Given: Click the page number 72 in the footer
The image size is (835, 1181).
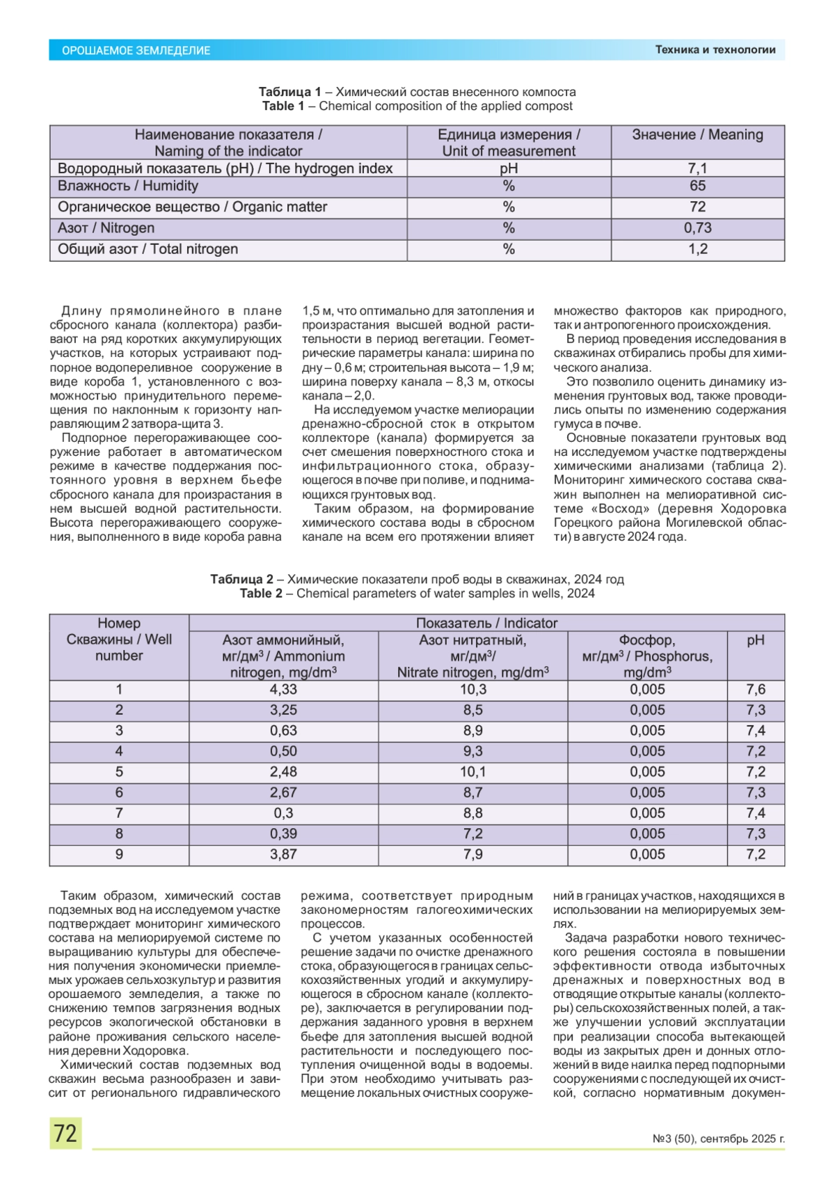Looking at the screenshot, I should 65,1133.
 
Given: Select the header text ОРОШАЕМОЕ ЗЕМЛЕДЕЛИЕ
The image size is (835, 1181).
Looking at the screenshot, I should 136,50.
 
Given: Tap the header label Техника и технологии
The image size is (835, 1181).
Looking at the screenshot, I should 715,49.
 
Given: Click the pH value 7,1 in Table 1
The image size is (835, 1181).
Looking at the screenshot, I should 697,168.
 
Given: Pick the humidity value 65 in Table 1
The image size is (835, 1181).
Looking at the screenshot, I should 697,186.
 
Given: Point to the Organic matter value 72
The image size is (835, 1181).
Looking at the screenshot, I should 697,207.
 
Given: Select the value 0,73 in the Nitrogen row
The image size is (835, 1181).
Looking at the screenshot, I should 697,228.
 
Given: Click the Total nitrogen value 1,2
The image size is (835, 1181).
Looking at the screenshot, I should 697,249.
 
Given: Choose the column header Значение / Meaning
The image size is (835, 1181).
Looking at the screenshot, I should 697,135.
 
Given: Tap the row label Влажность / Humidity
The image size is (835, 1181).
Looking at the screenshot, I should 128,186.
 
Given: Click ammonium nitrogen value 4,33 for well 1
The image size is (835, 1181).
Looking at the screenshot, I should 283,690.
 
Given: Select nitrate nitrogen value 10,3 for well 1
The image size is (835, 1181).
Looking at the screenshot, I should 473,690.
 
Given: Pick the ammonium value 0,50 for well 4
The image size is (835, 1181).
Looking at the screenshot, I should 283,752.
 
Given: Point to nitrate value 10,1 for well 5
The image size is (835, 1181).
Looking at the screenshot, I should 473,772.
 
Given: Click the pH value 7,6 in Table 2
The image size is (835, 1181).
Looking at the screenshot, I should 756,690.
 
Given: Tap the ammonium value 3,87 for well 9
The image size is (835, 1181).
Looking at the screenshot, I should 283,854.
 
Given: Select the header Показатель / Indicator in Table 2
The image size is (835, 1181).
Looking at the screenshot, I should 486,624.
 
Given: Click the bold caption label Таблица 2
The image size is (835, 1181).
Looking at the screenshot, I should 242,579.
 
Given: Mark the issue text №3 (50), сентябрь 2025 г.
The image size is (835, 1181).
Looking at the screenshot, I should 718,1139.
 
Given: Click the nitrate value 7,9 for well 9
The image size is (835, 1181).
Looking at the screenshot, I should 473,854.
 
